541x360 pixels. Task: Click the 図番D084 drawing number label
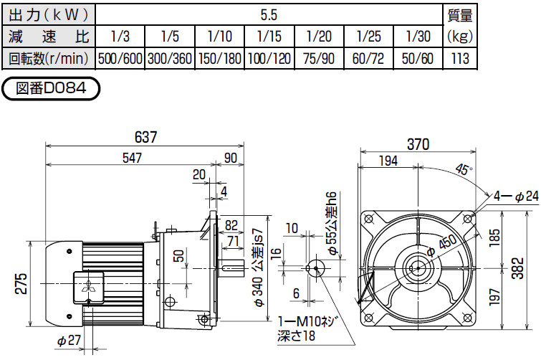pyautogui.click(x=50, y=89)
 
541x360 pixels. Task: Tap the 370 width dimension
pyautogui.click(x=418, y=143)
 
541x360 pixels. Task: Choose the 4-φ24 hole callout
pyautogui.click(x=515, y=195)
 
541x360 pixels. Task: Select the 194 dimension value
pyautogui.click(x=387, y=161)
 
